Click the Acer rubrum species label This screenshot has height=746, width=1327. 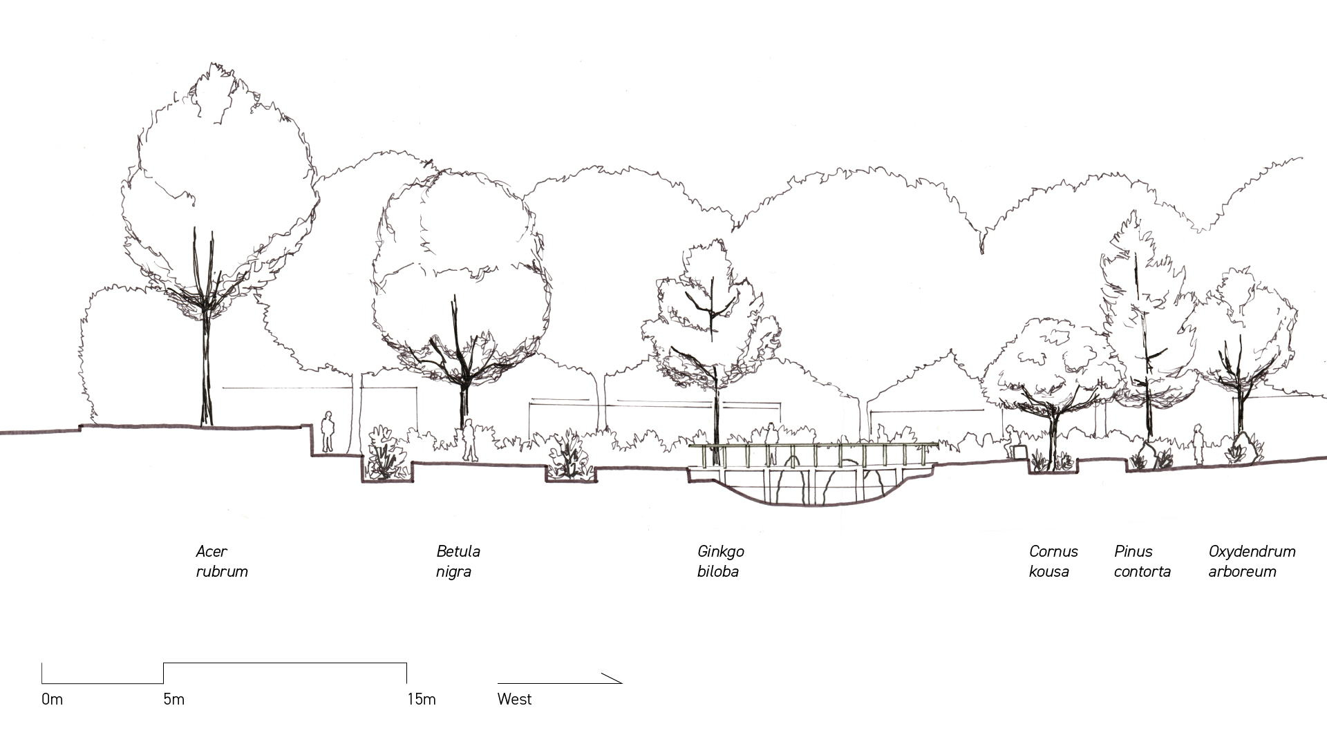pos(221,562)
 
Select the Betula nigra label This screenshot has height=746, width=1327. pos(458,562)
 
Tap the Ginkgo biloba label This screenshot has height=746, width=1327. pos(720,562)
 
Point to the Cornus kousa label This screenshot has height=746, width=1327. pos(1053,562)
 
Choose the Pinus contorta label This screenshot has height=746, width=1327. pos(1142,562)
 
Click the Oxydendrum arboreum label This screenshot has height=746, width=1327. pos(1251,562)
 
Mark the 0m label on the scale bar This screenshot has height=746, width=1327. pos(52,700)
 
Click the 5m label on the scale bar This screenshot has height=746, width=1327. pos(174,700)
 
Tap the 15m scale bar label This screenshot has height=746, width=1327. pos(421,700)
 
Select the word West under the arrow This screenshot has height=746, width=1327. pos(514,700)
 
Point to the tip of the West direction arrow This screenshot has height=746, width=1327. pos(621,683)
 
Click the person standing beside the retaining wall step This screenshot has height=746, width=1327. pos(328,432)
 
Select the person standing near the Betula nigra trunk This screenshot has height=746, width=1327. pos(469,440)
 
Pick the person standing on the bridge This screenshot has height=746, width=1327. pos(771,436)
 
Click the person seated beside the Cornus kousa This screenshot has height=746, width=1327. pos(1011,441)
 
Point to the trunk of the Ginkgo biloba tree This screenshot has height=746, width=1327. pos(717,414)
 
